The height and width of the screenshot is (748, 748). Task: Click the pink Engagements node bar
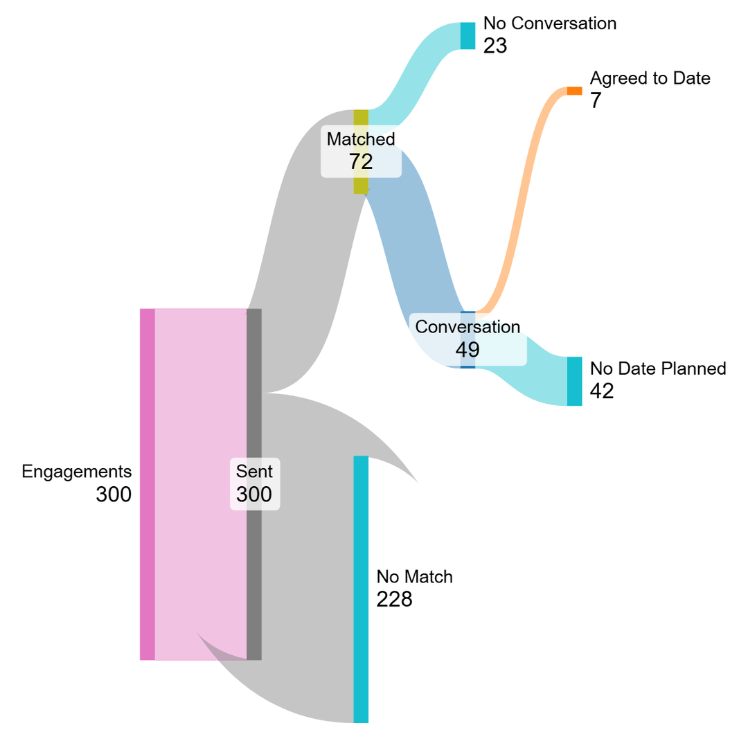click(147, 484)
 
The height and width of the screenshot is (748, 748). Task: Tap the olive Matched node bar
click(361, 118)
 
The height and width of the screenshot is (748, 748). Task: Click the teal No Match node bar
click(361, 589)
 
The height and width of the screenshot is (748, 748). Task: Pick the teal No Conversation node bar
click(468, 36)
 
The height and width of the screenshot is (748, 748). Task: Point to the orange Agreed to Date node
click(574, 91)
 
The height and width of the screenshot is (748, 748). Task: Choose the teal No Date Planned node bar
click(574, 381)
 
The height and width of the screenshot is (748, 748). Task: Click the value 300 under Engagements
click(114, 495)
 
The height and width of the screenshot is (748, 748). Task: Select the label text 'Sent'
click(254, 472)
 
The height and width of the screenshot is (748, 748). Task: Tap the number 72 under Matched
click(361, 161)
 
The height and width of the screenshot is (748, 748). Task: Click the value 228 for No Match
click(394, 599)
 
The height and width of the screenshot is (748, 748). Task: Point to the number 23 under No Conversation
click(496, 46)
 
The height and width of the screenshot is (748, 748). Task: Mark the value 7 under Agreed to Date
click(596, 101)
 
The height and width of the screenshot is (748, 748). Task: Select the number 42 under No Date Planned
click(602, 391)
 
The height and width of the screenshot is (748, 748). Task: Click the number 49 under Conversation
click(467, 349)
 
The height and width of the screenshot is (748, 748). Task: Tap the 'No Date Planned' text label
click(657, 368)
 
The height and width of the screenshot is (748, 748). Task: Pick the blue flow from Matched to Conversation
click(416, 242)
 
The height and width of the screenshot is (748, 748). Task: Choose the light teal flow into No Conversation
click(416, 69)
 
